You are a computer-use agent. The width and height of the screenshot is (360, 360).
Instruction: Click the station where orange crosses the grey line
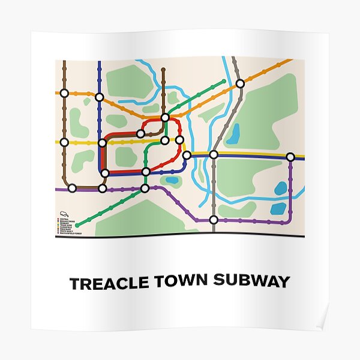pos(240,83)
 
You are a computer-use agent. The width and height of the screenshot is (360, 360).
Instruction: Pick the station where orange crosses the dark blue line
pos(100,97)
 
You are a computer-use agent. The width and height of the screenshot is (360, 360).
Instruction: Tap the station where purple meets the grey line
pos(214,220)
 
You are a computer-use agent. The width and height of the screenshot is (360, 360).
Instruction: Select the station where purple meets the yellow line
pos(290,157)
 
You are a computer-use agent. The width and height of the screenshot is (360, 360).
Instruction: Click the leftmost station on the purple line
pos(72,188)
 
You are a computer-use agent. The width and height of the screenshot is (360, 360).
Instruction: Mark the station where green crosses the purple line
pos(145,188)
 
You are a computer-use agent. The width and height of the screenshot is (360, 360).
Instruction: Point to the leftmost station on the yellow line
pos(64,142)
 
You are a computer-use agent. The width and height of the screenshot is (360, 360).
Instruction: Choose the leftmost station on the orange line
pos(64,94)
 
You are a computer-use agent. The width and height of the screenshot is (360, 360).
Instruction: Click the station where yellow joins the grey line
pos(214,155)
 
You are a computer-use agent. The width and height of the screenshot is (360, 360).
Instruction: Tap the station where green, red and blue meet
pos(146,172)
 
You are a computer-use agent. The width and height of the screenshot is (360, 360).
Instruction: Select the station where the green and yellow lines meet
pos(165,140)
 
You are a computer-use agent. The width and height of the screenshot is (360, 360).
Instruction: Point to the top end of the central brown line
pos(163,69)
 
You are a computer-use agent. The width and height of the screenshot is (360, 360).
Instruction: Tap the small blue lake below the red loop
pos(172,179)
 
